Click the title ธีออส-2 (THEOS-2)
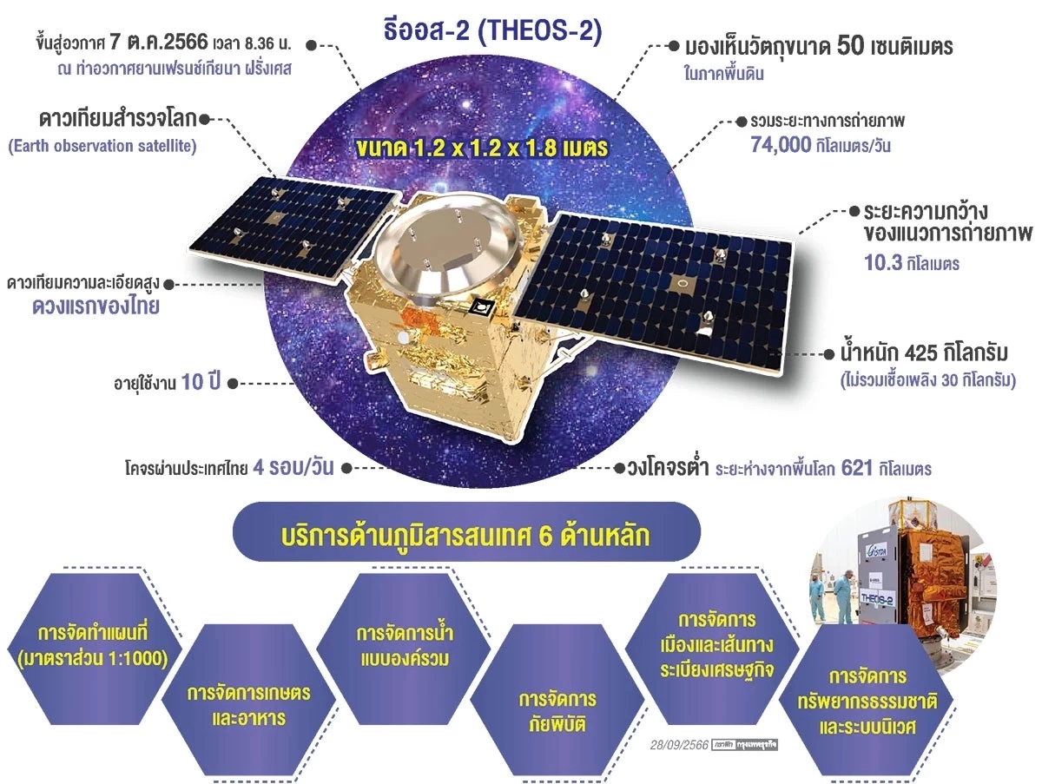pyautogui.click(x=491, y=32)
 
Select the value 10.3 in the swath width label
pyautogui.click(x=885, y=263)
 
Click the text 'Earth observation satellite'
pyautogui.click(x=102, y=146)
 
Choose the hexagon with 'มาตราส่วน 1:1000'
pyautogui.click(x=91, y=643)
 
